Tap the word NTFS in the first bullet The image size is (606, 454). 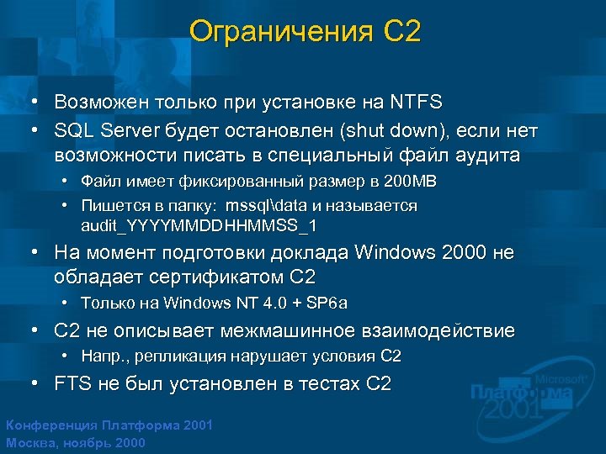416,103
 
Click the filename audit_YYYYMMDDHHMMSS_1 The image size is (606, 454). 199,226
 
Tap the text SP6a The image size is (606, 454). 328,303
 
